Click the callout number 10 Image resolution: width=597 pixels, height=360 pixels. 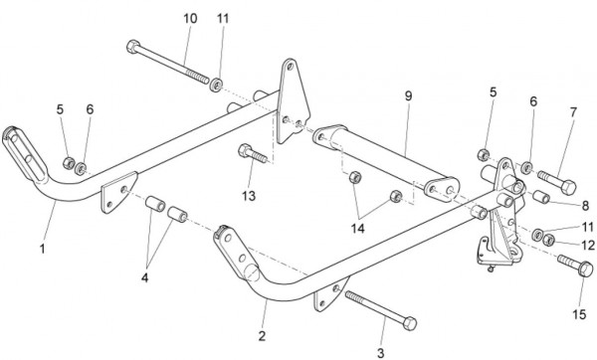(190, 18)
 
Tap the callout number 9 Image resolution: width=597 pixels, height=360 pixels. (408, 95)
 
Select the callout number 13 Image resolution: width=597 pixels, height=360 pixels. (249, 196)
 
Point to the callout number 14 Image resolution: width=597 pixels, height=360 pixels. (357, 229)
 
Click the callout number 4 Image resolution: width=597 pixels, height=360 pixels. (144, 277)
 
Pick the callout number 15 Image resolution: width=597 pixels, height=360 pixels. (579, 314)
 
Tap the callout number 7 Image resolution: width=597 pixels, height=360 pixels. (573, 112)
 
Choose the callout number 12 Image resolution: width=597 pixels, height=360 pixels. (588, 246)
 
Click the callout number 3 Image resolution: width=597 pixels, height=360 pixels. (381, 353)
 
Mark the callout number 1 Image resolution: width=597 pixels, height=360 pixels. (42, 249)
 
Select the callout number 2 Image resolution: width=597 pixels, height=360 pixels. (262, 336)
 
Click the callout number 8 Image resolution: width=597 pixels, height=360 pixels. (585, 206)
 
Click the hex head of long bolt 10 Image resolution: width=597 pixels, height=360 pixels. (133, 47)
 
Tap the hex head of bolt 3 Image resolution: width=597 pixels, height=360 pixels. (410, 323)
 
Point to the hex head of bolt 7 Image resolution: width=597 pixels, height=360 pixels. (568, 187)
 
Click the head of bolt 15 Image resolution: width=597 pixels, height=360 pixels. (585, 270)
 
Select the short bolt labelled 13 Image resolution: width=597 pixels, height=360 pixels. (253, 153)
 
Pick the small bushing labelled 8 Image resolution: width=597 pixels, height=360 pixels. (540, 197)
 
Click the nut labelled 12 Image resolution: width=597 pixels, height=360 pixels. (548, 240)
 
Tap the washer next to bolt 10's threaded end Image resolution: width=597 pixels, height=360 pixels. (216, 85)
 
